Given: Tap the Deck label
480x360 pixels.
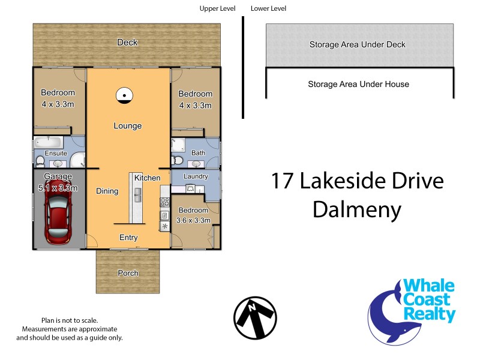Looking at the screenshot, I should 127,42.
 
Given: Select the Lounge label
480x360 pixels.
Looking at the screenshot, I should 128,126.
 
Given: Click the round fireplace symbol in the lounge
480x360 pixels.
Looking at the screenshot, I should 123,95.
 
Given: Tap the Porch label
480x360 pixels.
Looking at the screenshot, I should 128,273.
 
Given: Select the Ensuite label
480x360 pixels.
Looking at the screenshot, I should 56,153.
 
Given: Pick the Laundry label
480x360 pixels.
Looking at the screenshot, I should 196,176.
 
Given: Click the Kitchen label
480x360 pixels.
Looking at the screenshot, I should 147,178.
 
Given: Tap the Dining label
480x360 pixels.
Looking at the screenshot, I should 107,191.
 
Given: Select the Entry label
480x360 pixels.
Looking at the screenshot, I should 128,238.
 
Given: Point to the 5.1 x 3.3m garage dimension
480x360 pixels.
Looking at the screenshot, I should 58,187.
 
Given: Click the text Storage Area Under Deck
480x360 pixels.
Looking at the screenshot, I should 358,44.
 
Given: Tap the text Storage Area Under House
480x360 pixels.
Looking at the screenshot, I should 358,84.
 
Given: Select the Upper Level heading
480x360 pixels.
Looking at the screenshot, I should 217,8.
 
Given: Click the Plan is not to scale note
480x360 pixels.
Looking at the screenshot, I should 70,320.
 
